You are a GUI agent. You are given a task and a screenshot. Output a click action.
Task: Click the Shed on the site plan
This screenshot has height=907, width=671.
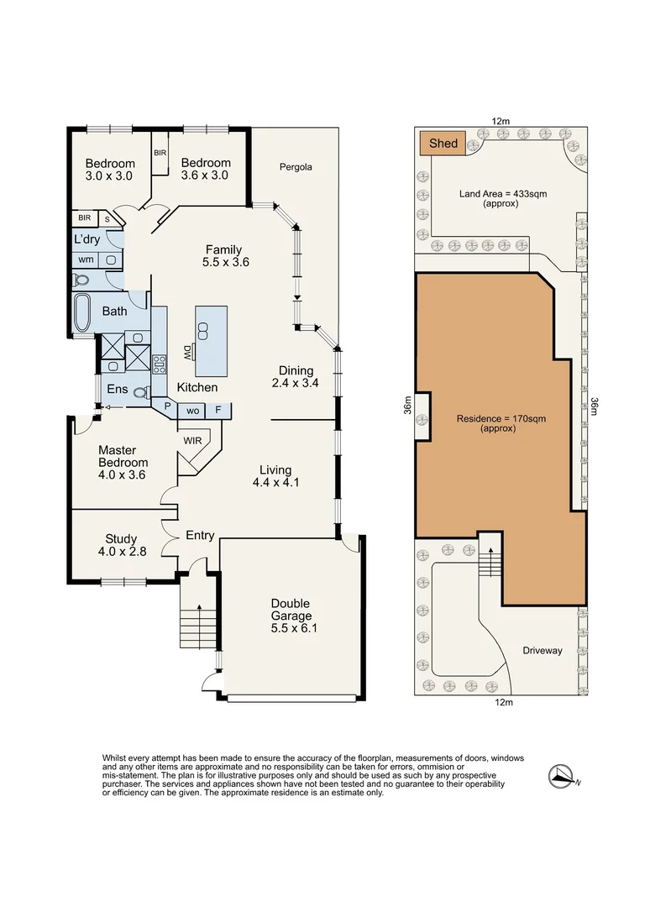[443, 144]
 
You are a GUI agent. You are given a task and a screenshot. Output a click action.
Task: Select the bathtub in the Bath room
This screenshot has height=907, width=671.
[82, 313]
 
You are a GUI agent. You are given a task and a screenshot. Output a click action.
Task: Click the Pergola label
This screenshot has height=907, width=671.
[296, 167]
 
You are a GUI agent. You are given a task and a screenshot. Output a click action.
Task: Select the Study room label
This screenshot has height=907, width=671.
[121, 545]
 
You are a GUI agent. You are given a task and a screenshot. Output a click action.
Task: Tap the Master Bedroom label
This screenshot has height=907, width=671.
[123, 462]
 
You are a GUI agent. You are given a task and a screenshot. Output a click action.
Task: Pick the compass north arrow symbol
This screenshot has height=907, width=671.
[559, 777]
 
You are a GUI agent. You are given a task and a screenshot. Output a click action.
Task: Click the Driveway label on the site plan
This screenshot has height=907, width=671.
[543, 650]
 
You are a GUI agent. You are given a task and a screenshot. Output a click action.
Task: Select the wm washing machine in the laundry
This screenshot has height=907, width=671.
[86, 260]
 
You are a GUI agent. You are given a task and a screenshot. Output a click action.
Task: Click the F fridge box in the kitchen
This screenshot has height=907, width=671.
[218, 411]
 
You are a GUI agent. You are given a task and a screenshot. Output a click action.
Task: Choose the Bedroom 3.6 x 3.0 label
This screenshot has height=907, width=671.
[206, 169]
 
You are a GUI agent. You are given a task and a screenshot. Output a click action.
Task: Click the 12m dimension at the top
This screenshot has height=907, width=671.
[501, 122]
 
